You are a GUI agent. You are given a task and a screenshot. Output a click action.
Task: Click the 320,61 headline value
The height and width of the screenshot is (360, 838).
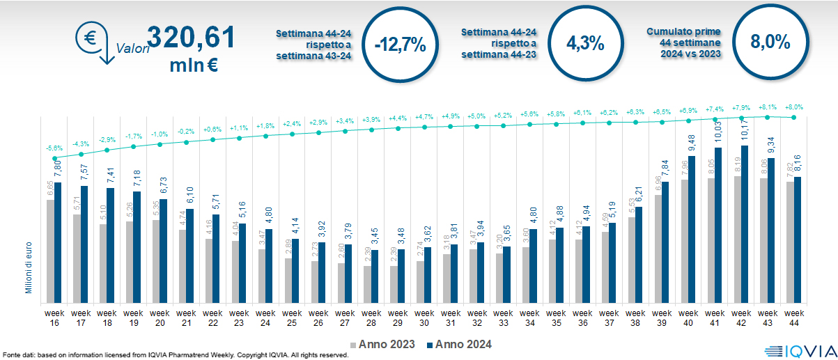pos(190,37)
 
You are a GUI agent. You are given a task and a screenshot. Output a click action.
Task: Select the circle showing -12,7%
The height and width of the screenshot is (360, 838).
pos(399,45)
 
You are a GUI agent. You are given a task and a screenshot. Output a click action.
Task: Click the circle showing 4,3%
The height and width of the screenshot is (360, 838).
pos(584,43)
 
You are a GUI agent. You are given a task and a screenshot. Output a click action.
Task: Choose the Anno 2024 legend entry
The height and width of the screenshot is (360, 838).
pos(460,344)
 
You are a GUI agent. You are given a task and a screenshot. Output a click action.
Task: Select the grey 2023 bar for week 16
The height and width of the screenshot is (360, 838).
pos(50,250)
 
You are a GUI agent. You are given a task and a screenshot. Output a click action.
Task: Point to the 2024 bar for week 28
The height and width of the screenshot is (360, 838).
pos(375,275)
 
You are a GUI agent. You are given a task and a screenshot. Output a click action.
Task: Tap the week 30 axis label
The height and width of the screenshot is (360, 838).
pos(424,308)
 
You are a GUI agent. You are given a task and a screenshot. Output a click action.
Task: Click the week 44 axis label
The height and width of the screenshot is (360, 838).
pos(794,308)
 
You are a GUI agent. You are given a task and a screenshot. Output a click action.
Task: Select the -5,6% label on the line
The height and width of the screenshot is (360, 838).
pos(54,148)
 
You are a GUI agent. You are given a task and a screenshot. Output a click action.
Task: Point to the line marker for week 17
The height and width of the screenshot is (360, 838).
pos(82,154)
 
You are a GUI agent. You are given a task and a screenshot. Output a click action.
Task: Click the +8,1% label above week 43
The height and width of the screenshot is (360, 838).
pos(767,107)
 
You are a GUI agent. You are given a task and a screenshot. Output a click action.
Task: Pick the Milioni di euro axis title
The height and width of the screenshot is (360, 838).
pos(29,267)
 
